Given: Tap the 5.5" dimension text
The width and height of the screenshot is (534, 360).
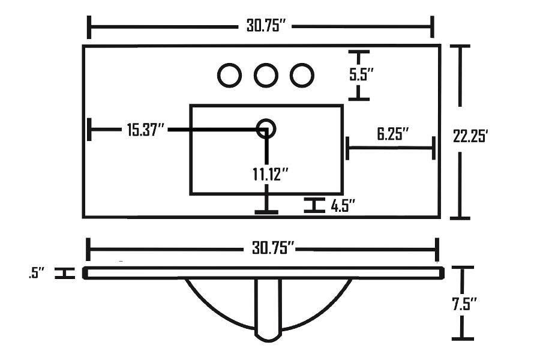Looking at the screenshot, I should pos(362,74).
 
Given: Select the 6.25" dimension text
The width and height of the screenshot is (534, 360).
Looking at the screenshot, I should pos(393,133).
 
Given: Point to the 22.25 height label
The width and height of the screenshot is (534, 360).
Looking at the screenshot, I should pos(473,136).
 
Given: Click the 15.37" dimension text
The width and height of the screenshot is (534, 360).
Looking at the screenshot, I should pos(145,130).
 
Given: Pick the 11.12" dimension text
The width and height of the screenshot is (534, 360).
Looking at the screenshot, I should pos(270,174).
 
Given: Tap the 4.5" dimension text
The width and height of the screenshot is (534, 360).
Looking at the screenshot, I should pos(343,206).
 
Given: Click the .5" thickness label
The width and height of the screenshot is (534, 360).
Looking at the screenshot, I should pos(37,274).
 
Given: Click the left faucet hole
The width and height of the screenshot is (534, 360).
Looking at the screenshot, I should pos(229,75).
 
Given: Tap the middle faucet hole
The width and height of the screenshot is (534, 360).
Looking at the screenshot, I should pos(265,75).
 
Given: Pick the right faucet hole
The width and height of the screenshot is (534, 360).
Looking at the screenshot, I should pos(302,75).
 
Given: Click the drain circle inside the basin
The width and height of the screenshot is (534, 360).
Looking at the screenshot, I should pos(266,128).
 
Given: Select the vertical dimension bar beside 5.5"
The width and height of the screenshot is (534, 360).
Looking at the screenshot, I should pos(359,75).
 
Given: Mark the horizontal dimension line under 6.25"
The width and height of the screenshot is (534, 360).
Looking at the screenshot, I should pos(390,147).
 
